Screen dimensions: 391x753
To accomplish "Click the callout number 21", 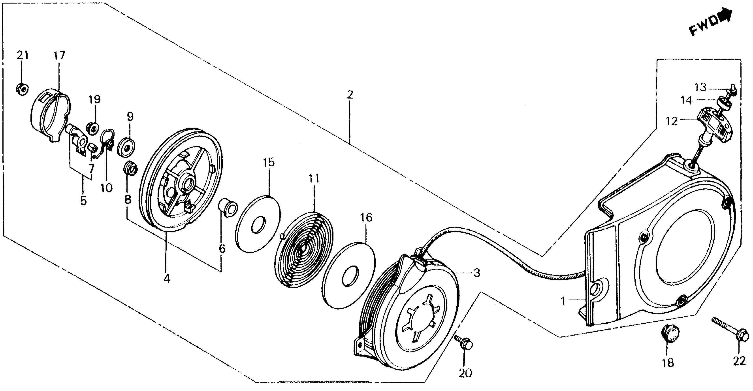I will pos(23,55).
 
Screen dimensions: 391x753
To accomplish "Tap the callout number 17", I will pos(59,55).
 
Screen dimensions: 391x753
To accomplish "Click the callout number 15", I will pos(269,162).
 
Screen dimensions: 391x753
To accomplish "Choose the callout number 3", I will pos(477,273).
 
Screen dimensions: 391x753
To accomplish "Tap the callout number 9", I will pos(130,117).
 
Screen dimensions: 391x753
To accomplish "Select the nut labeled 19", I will pos(92,128).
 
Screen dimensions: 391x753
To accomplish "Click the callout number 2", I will pos(350,95).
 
